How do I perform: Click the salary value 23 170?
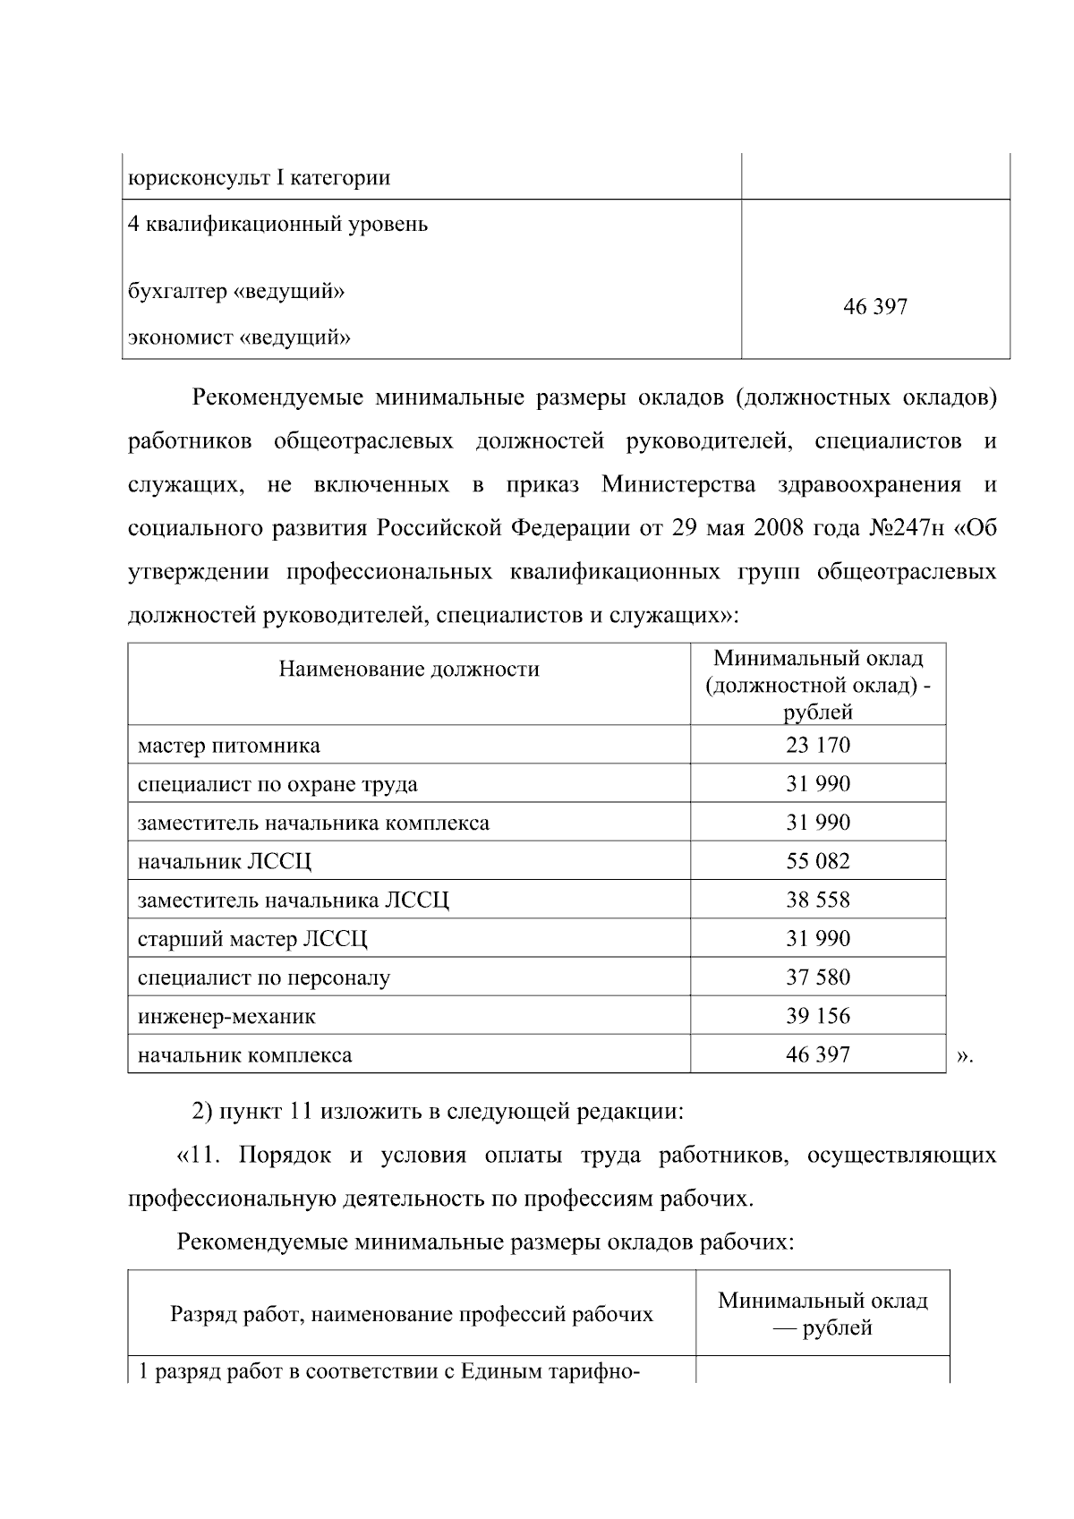click(x=817, y=745)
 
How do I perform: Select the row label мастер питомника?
click(x=229, y=746)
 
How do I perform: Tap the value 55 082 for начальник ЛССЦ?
click(x=817, y=861)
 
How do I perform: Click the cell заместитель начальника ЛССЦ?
click(x=294, y=900)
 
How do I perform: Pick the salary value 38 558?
click(x=817, y=900)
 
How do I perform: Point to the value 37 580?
click(x=817, y=977)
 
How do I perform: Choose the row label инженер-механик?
click(x=226, y=1016)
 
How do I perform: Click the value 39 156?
click(x=817, y=1016)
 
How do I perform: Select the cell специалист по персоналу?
click(x=264, y=977)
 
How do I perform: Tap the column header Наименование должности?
click(x=409, y=669)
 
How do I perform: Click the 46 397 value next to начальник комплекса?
click(x=817, y=1054)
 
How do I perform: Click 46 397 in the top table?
click(x=874, y=307)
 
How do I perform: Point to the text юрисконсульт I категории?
click(x=260, y=177)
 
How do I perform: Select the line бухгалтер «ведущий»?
click(x=237, y=291)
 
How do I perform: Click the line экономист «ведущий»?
click(x=239, y=337)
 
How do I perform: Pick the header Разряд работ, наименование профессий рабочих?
click(x=412, y=1314)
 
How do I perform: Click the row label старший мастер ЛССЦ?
click(x=252, y=939)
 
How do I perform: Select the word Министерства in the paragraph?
click(x=678, y=484)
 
